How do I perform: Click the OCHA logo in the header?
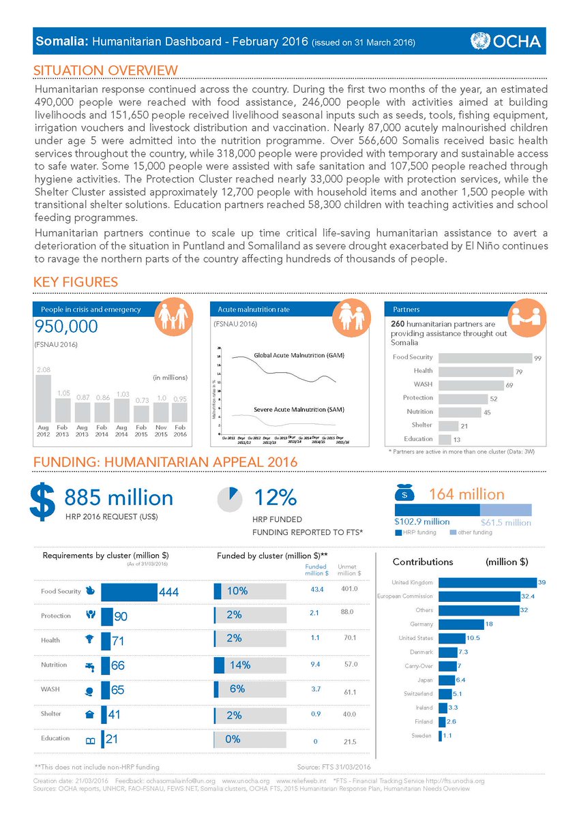click(x=505, y=42)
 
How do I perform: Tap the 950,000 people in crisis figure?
click(x=65, y=328)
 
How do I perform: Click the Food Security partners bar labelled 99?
click(x=484, y=357)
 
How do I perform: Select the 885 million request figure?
click(x=119, y=498)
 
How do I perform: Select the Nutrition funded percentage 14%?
click(x=239, y=665)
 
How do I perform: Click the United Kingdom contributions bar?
click(x=488, y=583)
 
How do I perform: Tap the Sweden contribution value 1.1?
click(x=448, y=736)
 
